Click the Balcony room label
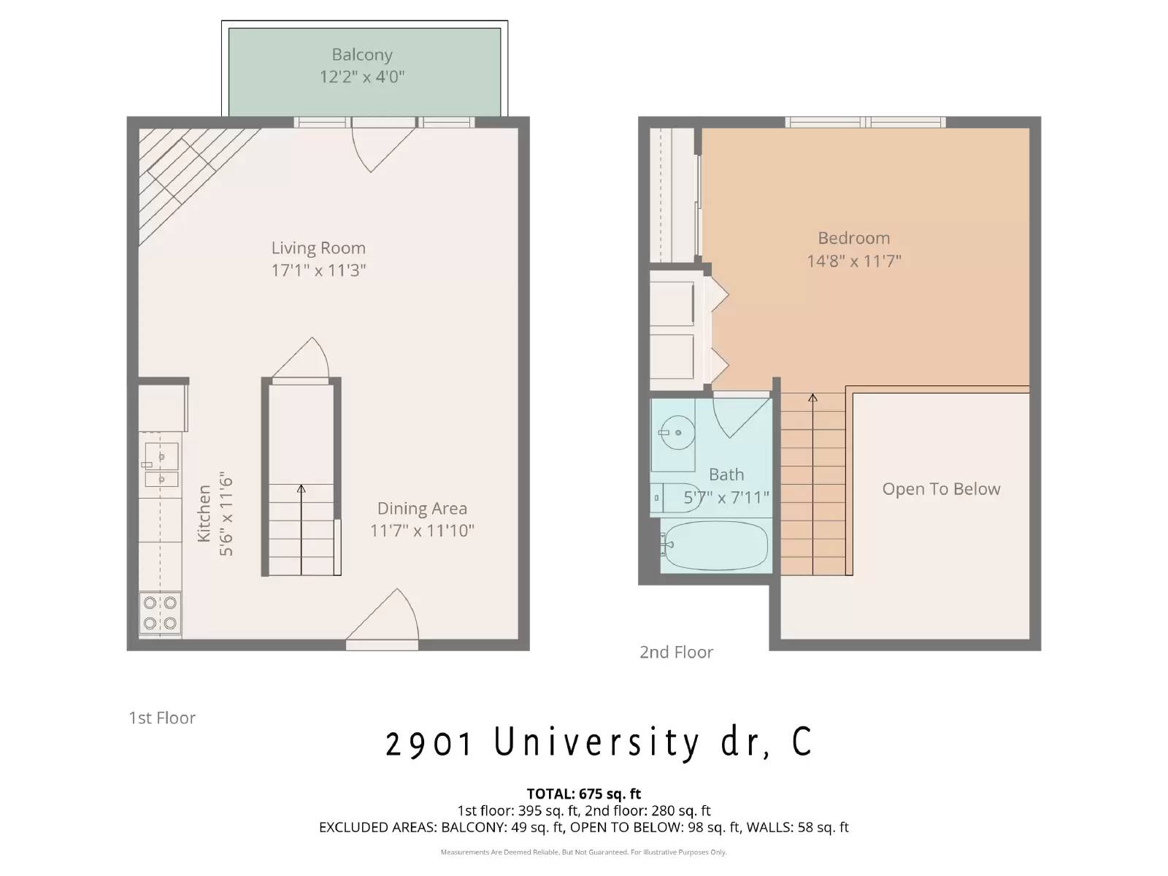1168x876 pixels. coord(362,55)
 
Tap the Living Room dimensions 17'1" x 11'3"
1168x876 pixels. coord(318,271)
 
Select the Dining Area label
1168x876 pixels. coord(422,509)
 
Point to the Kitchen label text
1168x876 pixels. coord(204,513)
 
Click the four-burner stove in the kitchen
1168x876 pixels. coord(160,613)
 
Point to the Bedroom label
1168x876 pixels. coord(853,238)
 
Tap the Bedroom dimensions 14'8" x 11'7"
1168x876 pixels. coord(853,261)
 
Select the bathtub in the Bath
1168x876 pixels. coord(715,545)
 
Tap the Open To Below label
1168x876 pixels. coord(941,489)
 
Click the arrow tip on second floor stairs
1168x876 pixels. coord(812,397)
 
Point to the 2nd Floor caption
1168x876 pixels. coord(676,653)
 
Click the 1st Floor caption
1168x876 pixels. coord(162,718)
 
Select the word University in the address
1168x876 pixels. coord(596,742)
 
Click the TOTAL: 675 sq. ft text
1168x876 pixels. coord(584,794)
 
